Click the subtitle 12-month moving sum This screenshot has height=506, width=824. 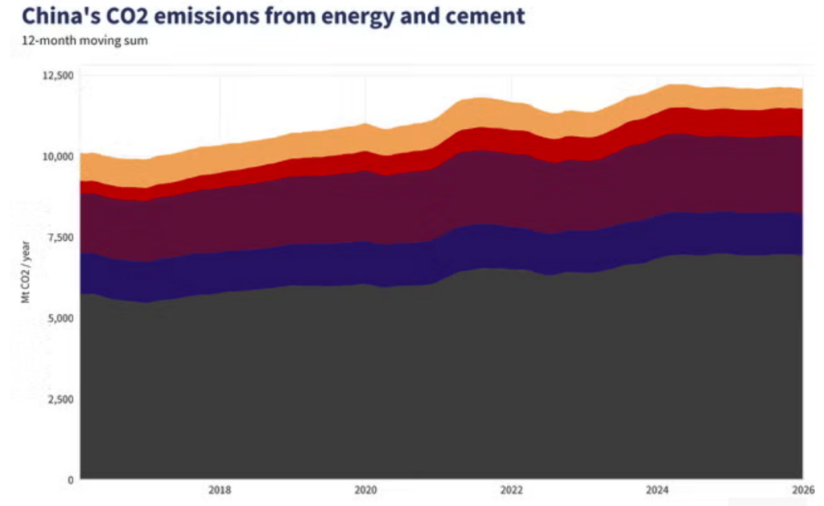(x=84, y=40)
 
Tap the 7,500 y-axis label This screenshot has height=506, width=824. (x=59, y=237)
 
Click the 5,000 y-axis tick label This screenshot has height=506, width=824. (x=59, y=318)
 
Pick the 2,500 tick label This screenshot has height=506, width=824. (x=59, y=400)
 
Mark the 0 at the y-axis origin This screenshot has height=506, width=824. (x=70, y=480)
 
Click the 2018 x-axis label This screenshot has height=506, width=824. (x=220, y=490)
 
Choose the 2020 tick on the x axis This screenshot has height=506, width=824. (x=365, y=490)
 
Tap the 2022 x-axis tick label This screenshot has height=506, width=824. (x=511, y=490)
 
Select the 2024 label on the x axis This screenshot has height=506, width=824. (x=657, y=490)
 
